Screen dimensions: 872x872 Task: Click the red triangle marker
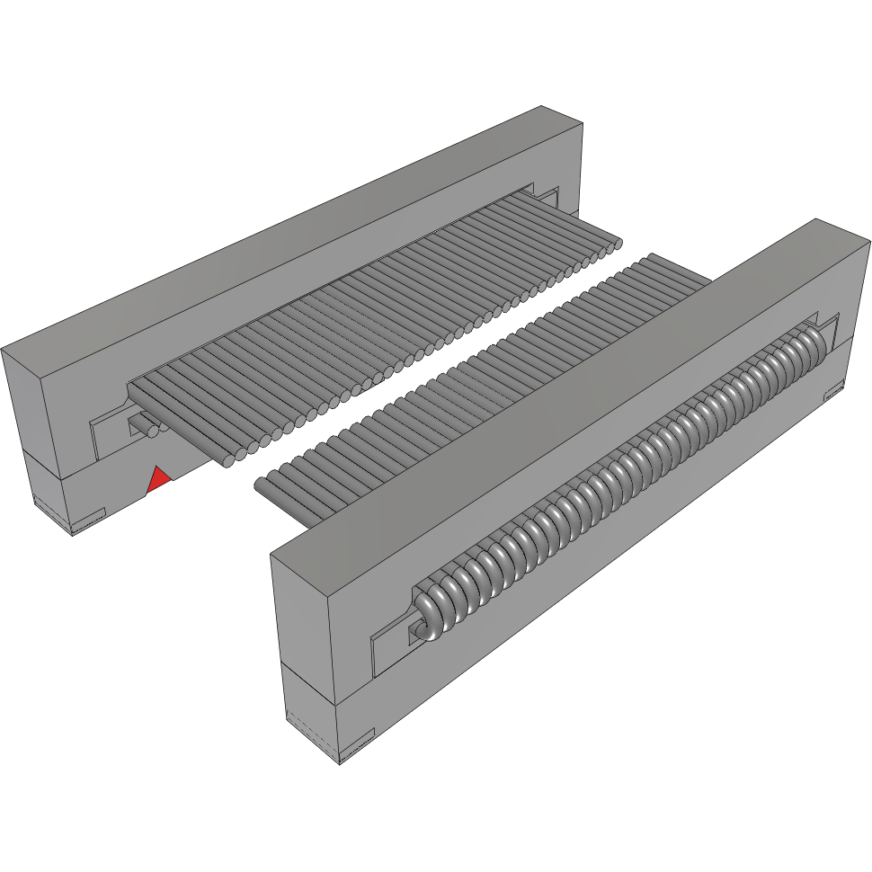[x=158, y=480]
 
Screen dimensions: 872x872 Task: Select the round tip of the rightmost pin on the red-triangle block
[x=617, y=245]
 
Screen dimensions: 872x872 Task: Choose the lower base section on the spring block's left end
[x=310, y=710]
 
